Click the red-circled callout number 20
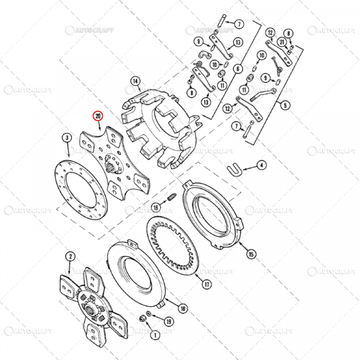[97, 116]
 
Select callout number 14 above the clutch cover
[135, 82]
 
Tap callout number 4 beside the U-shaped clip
[262, 164]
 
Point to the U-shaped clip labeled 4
[235, 170]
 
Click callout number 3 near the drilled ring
[65, 139]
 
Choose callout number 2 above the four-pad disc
[70, 257]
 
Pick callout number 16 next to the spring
[155, 208]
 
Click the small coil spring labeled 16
[170, 198]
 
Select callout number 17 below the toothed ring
[206, 284]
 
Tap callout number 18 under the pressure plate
[184, 308]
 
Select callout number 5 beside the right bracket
[285, 105]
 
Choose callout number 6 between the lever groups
[238, 69]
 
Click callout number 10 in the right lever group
[262, 56]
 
